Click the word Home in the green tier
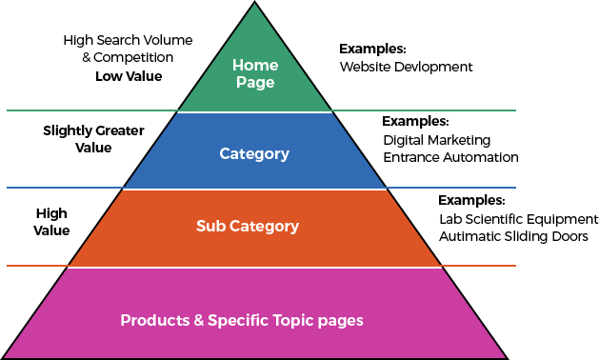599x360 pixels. (x=255, y=66)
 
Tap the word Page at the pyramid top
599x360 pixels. (x=255, y=83)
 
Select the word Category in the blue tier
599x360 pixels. (x=254, y=153)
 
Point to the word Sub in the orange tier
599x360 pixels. (x=211, y=227)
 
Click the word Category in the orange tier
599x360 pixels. (x=264, y=227)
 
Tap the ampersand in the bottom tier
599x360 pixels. (x=199, y=320)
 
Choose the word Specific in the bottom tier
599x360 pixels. (x=238, y=321)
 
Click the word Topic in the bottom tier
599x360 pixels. (x=295, y=321)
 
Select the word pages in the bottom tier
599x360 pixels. (x=343, y=321)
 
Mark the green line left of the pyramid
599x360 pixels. (x=90, y=110)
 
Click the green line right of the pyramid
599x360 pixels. (x=424, y=110)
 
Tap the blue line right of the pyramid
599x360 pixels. (x=451, y=188)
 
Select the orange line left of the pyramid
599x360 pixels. (x=37, y=265)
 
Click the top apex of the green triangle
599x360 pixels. (x=255, y=6)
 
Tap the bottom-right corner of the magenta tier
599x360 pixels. (x=504, y=357)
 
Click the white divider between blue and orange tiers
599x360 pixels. (x=254, y=190)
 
